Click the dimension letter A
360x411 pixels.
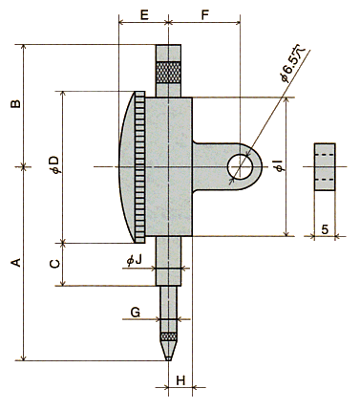pos(16,263)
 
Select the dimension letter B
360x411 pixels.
pos(15,104)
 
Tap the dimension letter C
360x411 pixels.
pos(55,264)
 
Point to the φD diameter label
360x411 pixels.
pos(55,164)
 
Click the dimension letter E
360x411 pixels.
pos(144,15)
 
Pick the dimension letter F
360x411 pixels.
pos(205,15)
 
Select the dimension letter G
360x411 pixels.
pos(136,313)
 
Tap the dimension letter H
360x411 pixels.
pos(180,380)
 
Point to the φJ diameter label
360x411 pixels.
pos(134,261)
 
